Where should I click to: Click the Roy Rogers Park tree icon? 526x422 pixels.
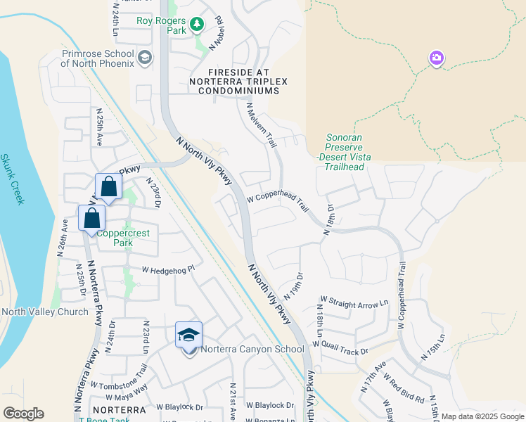click(198, 25)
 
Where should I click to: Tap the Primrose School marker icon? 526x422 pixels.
click(146, 57)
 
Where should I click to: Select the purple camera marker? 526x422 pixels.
click(437, 58)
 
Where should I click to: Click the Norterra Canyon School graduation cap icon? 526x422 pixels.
click(188, 334)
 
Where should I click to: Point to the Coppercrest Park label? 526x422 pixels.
click(114, 238)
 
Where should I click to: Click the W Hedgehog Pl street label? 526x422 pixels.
click(167, 269)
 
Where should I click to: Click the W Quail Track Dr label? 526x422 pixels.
click(340, 347)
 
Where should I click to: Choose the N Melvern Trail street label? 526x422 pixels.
click(261, 124)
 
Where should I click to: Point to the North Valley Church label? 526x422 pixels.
click(45, 312)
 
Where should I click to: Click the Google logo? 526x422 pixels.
click(23, 414)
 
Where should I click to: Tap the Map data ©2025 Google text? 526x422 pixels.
click(483, 416)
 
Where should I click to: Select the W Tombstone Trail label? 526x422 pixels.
click(119, 378)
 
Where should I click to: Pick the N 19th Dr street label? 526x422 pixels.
click(294, 285)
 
